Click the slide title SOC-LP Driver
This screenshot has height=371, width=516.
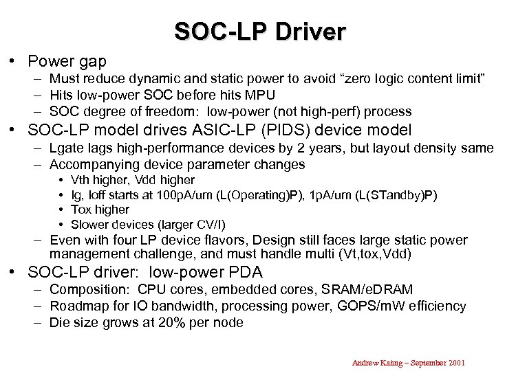click(259, 32)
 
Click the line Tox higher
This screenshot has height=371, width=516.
click(100, 210)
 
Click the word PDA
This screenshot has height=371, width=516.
click(248, 273)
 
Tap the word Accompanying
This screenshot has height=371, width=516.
click(94, 164)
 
